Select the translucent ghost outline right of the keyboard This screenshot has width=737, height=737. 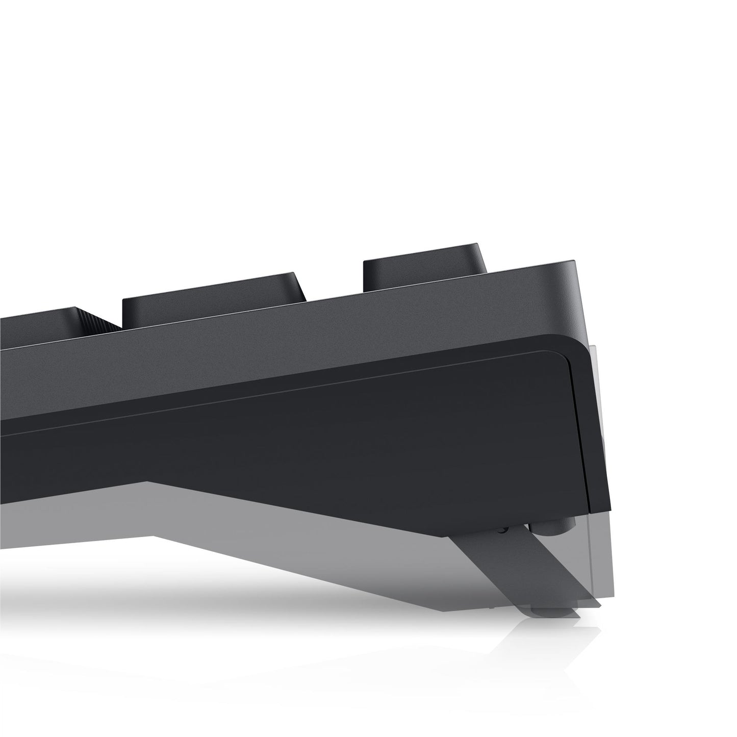pos(602,459)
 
